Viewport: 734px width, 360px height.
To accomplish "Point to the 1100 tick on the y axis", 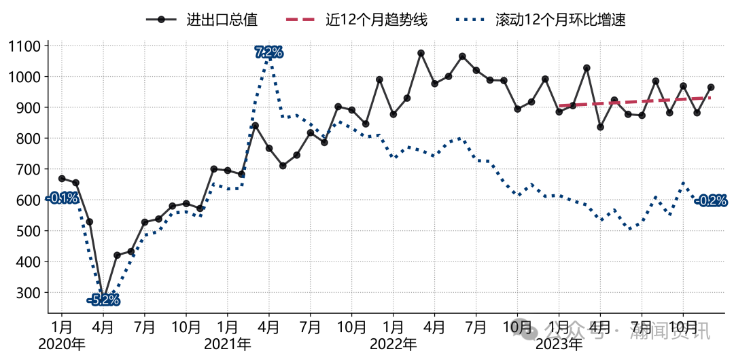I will (27, 46).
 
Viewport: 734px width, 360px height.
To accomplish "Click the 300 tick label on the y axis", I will (31, 293).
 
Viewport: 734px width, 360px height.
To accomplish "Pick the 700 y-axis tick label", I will (31, 170).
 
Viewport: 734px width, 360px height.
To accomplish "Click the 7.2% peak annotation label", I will (269, 52).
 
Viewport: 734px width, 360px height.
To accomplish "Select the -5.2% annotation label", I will (103, 300).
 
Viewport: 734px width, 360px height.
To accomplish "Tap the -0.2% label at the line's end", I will (711, 201).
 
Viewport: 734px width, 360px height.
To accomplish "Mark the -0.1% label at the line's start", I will (62, 198).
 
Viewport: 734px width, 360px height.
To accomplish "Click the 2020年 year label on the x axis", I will (62, 344).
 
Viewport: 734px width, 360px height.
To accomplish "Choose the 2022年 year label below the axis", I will (394, 344).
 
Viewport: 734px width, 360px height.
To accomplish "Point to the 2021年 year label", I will (228, 344).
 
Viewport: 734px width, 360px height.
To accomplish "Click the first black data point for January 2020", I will (62, 179).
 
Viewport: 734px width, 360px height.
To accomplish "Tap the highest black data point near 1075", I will (421, 53).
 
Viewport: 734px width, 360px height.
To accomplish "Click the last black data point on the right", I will (711, 87).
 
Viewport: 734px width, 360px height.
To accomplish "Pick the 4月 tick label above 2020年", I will (103, 326).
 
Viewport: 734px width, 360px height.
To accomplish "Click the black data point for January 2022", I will (394, 114).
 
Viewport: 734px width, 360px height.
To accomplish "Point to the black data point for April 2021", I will (269, 148).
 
